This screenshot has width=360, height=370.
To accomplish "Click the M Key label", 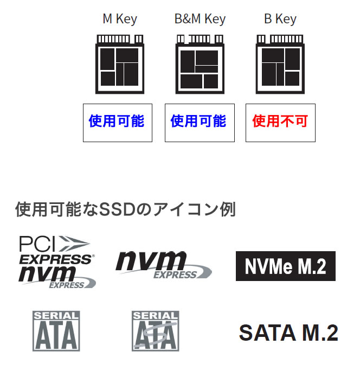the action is pyautogui.click(x=120, y=19).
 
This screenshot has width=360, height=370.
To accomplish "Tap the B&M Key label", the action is pyautogui.click(x=200, y=19).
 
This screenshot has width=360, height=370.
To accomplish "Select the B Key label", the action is pyautogui.click(x=280, y=19).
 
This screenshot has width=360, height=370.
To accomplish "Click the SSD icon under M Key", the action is pyautogui.click(x=120, y=64).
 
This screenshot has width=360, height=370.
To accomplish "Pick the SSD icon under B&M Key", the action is pyautogui.click(x=200, y=64).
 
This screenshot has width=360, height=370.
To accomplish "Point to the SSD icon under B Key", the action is pyautogui.click(x=280, y=64).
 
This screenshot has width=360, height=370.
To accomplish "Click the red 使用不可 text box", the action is pyautogui.click(x=280, y=123).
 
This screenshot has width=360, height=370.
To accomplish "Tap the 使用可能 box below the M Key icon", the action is pyautogui.click(x=118, y=123).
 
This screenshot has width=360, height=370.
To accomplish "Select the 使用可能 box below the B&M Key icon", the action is pyautogui.click(x=200, y=123).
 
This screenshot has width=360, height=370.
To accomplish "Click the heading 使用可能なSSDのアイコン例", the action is pyautogui.click(x=125, y=209).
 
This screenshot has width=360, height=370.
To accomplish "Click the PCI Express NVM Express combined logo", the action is pyautogui.click(x=57, y=261).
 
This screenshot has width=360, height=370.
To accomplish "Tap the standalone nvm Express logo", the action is pyautogui.click(x=164, y=265).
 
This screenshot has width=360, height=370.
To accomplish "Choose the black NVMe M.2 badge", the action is pyautogui.click(x=286, y=266).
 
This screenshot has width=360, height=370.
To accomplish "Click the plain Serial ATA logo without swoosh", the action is pyautogui.click(x=56, y=331).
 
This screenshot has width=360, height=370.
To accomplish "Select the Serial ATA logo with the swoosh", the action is pyautogui.click(x=156, y=331).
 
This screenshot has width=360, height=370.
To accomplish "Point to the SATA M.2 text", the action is pyautogui.click(x=288, y=333).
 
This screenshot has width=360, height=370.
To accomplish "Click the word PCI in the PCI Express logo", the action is pyautogui.click(x=37, y=244).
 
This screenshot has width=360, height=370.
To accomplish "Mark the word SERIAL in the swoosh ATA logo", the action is pyautogui.click(x=155, y=316).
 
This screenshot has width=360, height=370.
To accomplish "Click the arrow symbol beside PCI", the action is pyautogui.click(x=74, y=243).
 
